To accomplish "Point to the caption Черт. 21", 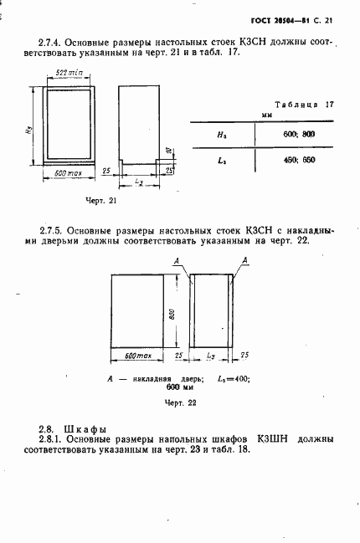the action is click(x=101, y=201).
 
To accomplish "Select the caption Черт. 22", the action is click(x=180, y=402).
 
